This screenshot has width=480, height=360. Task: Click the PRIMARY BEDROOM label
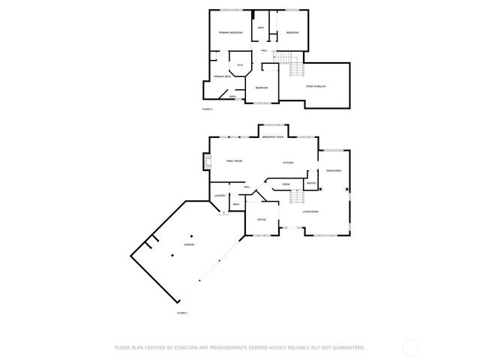click(x=230, y=33)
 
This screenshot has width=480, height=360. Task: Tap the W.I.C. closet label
click(x=240, y=65)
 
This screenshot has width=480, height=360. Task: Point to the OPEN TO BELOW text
click(x=316, y=86)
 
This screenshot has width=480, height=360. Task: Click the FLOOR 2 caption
click(x=208, y=109)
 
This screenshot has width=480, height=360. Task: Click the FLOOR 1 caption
click(x=182, y=312)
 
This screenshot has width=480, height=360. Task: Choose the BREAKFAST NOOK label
click(x=273, y=137)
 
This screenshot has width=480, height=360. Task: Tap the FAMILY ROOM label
click(x=235, y=161)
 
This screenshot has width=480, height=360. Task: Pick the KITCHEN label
click(x=288, y=163)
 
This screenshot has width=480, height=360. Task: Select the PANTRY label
click(x=311, y=183)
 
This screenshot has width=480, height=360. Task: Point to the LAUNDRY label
click(x=220, y=196)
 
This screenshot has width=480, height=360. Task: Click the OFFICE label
click(x=262, y=220)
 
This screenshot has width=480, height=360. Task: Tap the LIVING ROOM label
click(x=310, y=211)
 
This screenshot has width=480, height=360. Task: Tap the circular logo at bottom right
click(x=410, y=347)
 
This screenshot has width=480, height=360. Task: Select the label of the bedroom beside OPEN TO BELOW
click(x=262, y=88)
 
